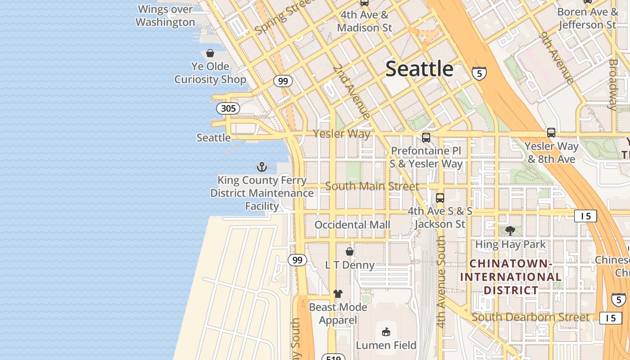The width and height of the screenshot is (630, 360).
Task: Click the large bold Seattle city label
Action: coord(419,69)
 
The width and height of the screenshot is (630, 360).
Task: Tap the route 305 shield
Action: coord(228,108)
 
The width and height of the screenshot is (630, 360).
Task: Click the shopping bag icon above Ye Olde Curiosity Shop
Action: coord(210,54)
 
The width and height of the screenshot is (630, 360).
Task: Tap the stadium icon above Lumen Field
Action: coord(386,332)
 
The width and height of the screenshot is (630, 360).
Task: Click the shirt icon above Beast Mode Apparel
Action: coord(338,294)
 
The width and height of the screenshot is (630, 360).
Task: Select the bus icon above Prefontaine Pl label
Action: coord(426,138)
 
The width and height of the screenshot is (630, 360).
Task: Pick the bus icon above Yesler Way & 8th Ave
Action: coord(551,133)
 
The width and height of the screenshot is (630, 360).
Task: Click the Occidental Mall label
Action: coord(352,225)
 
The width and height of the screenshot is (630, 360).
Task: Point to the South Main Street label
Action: coord(372,186)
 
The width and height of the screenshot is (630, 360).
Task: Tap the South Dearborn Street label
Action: coord(531,317)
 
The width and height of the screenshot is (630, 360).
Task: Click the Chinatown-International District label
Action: coord(511,277)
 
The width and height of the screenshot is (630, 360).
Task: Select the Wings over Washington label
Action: coord(165,15)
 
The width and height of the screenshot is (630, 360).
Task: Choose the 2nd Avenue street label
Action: coord(351,92)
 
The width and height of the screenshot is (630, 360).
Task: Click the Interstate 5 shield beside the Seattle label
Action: coord(479,73)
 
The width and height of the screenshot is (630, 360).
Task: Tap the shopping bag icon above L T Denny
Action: coord(350,252)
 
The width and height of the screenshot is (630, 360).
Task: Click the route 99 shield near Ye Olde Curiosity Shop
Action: coord(283,81)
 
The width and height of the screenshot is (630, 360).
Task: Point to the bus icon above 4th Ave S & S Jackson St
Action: coord(440,198)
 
